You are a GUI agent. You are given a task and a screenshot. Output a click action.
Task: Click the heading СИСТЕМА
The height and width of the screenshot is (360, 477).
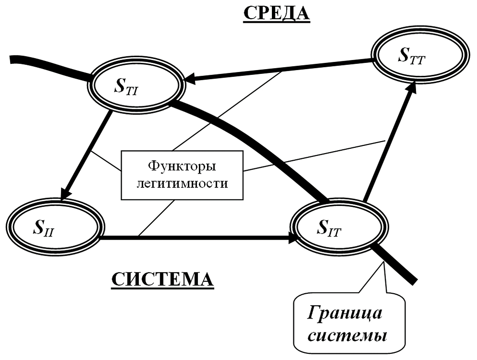pyautogui.click(x=163, y=279)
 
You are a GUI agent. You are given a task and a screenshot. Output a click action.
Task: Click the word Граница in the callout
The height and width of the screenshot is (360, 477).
pyautogui.click(x=344, y=314)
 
